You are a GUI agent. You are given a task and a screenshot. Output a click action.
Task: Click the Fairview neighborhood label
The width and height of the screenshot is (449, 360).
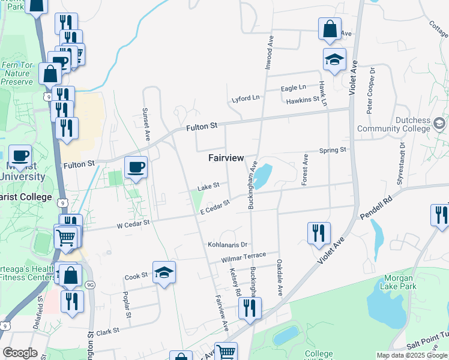coord(226,158)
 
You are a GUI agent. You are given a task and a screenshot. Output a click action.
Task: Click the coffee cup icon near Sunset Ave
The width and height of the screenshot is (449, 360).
coord(136,167)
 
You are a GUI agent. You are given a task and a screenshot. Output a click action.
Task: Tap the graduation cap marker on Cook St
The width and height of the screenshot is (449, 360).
coord(164,272)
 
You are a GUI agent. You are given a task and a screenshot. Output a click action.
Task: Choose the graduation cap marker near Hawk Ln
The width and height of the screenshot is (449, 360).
coord(334,59)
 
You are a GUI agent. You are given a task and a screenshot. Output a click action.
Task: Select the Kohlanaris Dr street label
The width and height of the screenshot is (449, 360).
coord(228,245)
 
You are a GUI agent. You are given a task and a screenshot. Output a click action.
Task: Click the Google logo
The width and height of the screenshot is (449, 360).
coord(20,353)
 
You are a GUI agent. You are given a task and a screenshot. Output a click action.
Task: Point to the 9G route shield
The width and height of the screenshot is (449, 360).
coord(90,284)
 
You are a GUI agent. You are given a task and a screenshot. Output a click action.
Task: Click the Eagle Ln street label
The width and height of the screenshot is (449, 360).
coord(293,88)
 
